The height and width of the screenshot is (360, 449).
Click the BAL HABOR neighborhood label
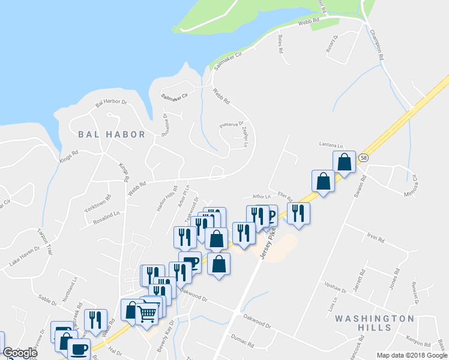(x=110, y=134)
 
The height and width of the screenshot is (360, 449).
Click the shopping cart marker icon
(x=148, y=313)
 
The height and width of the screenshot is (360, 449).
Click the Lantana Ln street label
(x=330, y=145)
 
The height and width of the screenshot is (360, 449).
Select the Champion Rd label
(x=376, y=46)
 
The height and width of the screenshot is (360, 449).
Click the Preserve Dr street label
(x=231, y=124)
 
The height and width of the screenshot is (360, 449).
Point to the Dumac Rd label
(x=243, y=341)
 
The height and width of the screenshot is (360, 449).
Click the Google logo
(x=20, y=353)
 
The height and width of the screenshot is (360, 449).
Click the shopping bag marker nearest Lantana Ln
(x=344, y=162)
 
